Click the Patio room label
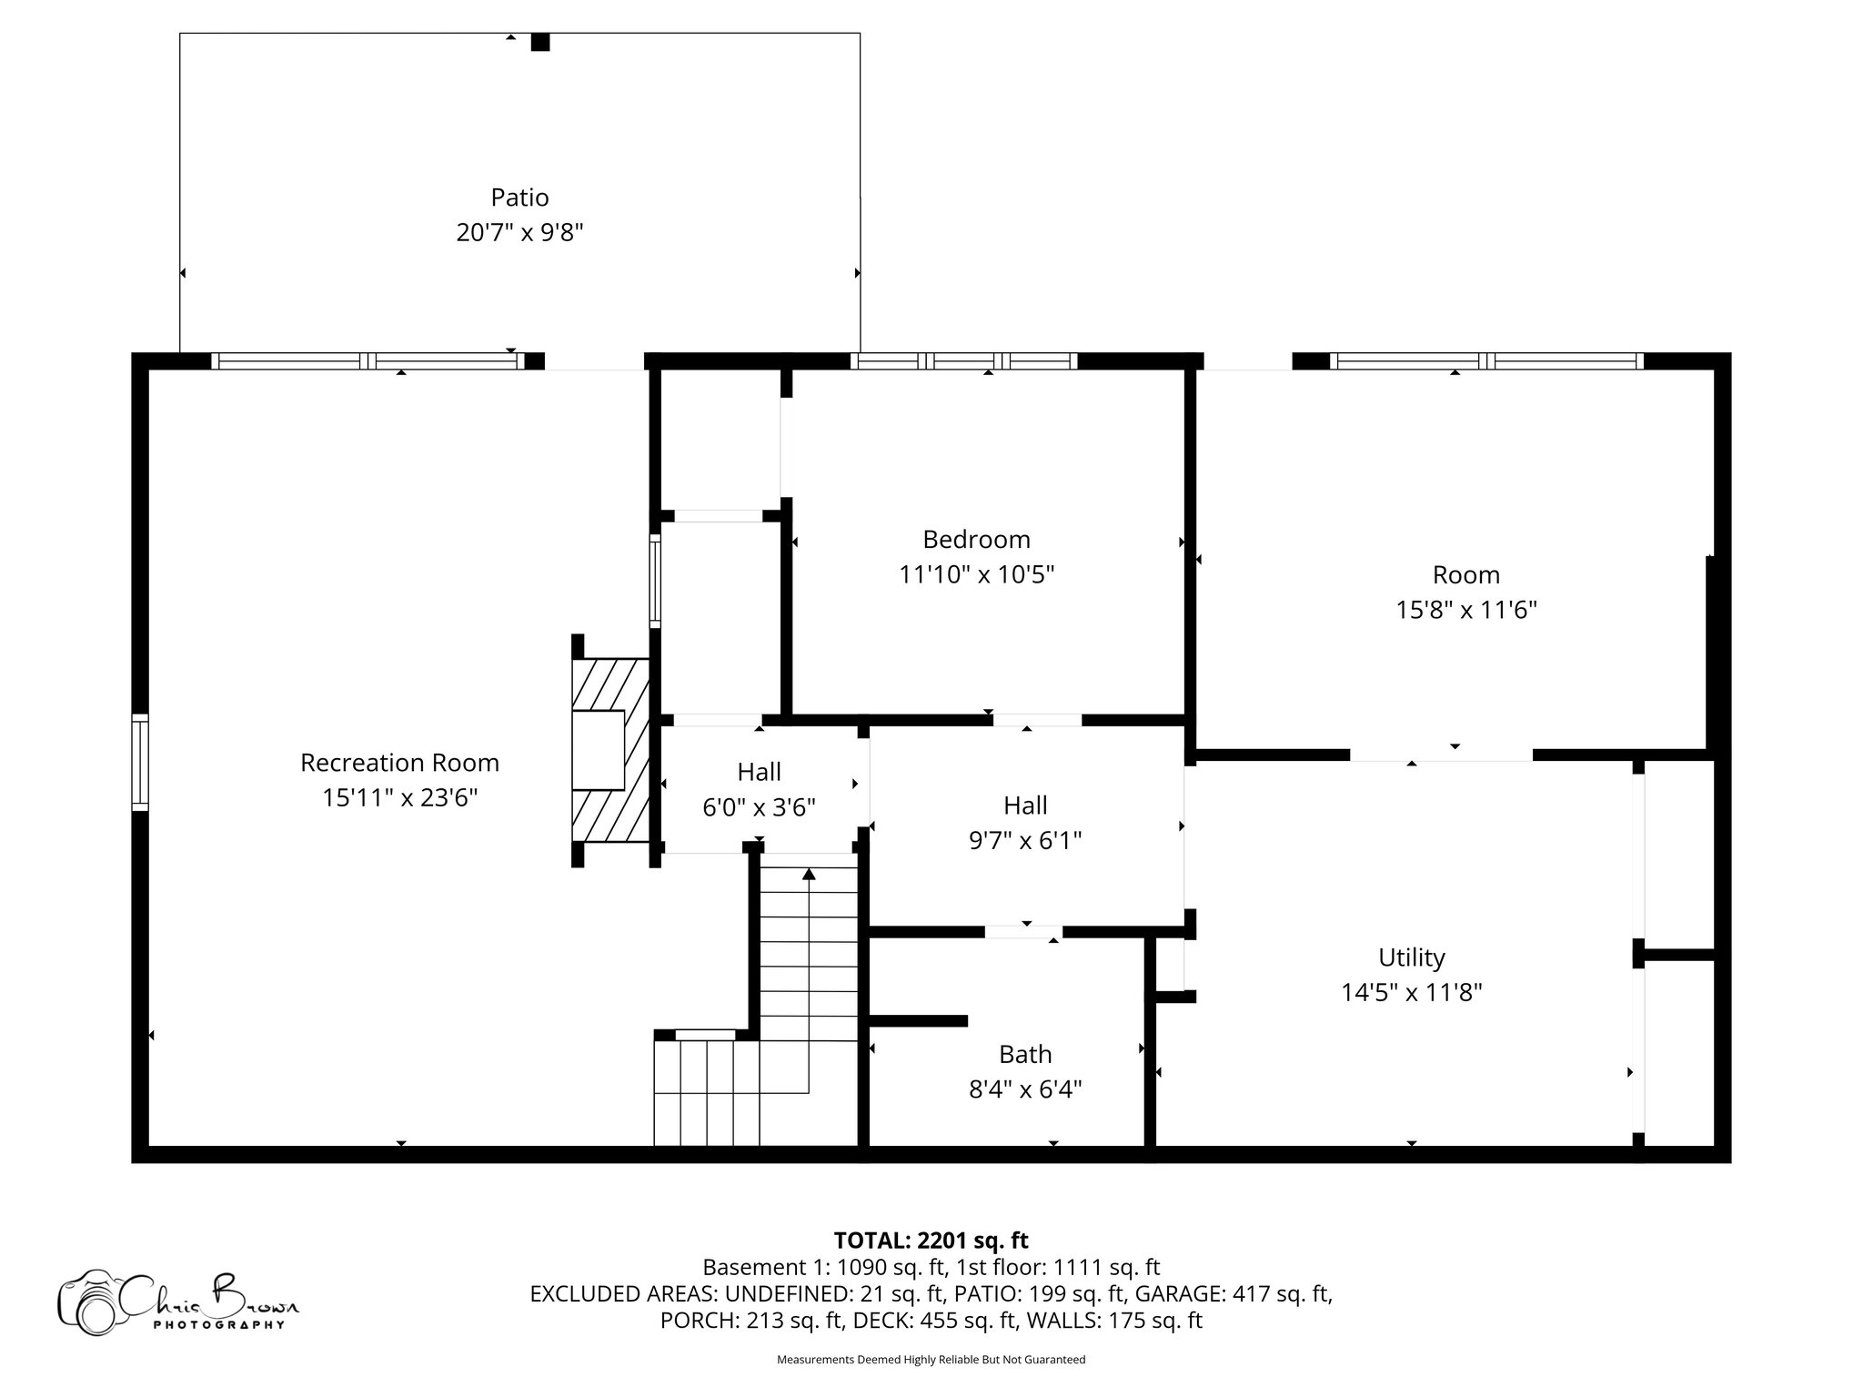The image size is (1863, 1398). coord(519,198)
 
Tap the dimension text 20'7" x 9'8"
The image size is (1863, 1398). coord(519,233)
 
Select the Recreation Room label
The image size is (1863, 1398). coord(399,763)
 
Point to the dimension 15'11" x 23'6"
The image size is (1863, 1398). coord(399,798)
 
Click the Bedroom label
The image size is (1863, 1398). coord(976,540)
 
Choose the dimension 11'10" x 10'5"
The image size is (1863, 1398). coord(976,575)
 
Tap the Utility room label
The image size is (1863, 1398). coord(1411,957)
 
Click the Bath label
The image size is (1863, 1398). coord(1025,1055)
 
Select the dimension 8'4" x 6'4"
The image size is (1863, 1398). coord(1025,1089)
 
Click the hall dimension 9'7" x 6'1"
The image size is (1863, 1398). coord(1025,840)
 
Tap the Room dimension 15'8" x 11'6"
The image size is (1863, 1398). coord(1466,610)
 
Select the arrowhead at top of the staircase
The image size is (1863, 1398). coord(809,875)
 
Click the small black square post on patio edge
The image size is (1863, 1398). coord(540,42)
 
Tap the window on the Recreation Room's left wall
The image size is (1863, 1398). coord(140,763)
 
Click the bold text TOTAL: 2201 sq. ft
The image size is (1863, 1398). coord(931,1241)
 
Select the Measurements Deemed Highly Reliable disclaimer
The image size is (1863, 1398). coord(931,1360)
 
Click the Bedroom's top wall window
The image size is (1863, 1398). coord(963,361)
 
